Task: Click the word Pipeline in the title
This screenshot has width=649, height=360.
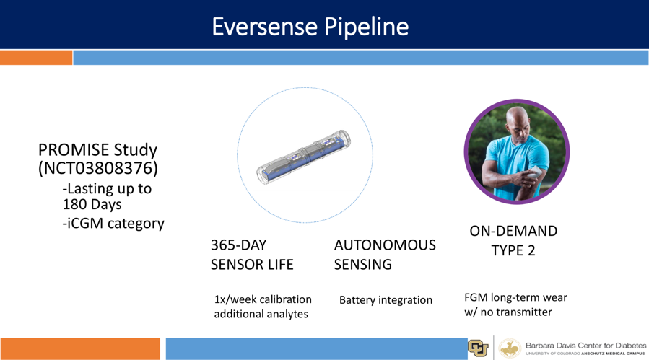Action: [x=366, y=27]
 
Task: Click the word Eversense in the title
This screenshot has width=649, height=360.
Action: [x=264, y=27]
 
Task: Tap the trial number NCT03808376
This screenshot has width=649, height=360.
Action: [x=98, y=168]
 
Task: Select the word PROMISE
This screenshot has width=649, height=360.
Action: [x=74, y=149]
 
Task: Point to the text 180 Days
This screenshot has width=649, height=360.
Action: [x=92, y=204]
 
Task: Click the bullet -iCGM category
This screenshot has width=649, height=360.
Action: [x=113, y=224]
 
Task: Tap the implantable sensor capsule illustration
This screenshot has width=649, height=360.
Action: [x=304, y=157]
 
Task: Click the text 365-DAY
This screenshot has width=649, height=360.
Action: [x=238, y=245]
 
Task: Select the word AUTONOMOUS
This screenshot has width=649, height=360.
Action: [x=385, y=245]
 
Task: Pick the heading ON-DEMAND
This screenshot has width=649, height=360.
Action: [x=513, y=231]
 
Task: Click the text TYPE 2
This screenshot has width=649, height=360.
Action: [x=513, y=250]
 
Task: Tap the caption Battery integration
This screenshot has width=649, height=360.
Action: [x=386, y=300]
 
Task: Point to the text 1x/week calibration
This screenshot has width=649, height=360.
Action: [x=263, y=299]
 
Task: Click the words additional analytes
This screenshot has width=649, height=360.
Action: [x=261, y=314]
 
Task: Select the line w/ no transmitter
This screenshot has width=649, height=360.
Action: [x=508, y=312]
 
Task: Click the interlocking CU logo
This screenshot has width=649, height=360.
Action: [x=478, y=348]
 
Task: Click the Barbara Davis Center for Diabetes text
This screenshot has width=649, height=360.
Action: [x=585, y=346]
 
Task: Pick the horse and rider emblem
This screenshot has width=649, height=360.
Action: [x=510, y=348]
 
